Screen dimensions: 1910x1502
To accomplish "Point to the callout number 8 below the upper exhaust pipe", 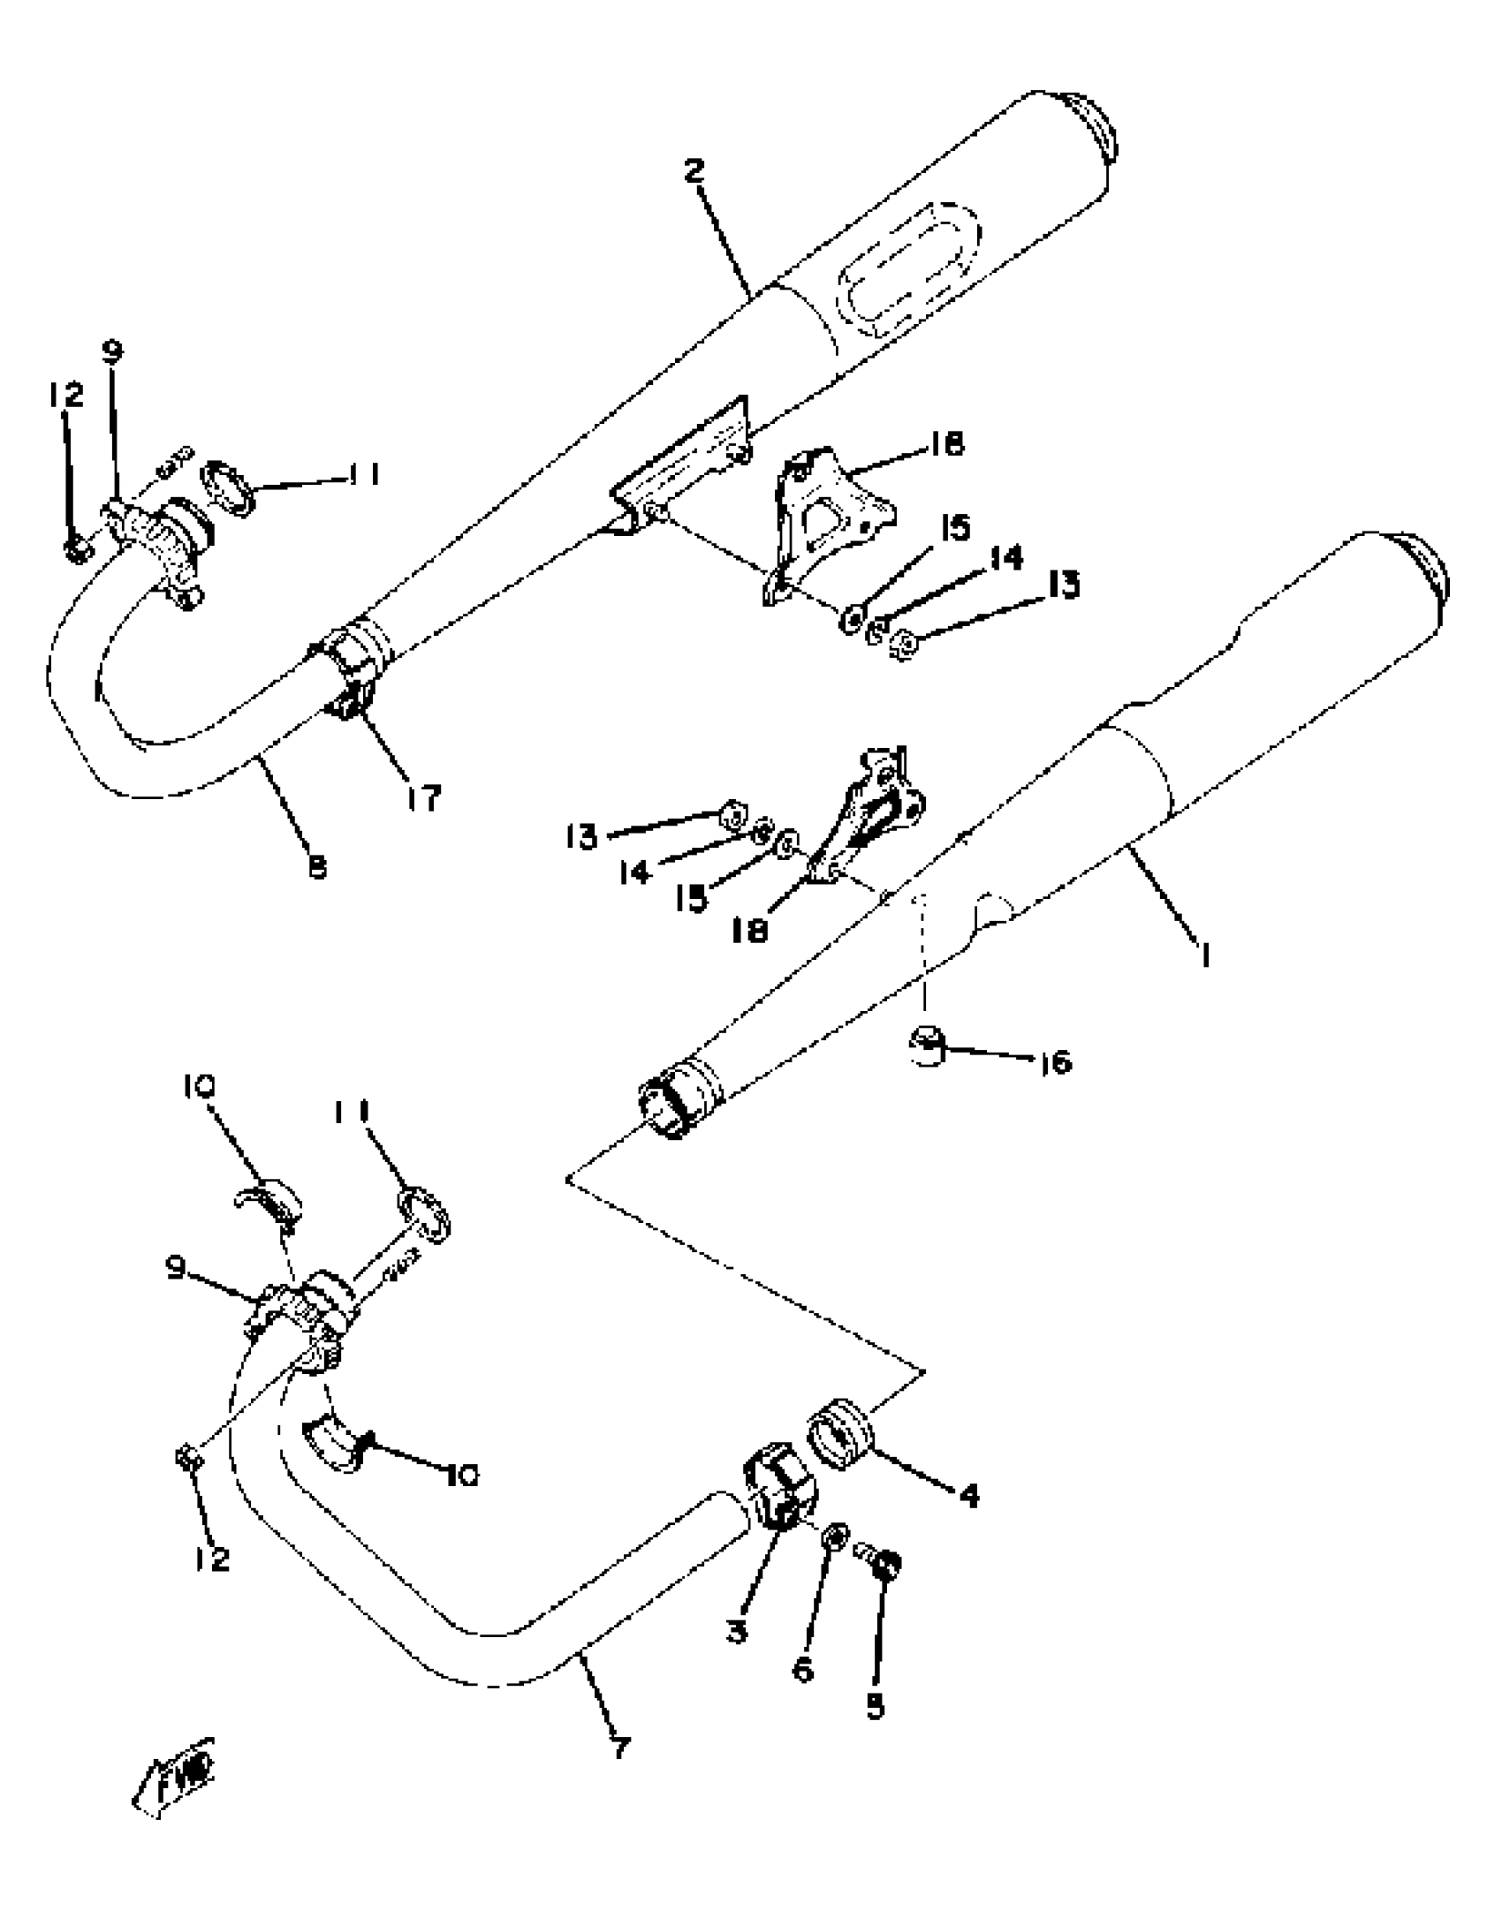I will (x=316, y=868).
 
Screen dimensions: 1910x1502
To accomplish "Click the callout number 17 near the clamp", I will (x=423, y=798).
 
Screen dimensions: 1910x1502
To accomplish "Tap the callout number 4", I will (x=969, y=1496).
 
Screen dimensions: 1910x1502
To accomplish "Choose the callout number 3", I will (x=736, y=1629).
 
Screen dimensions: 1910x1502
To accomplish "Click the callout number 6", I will (x=803, y=1668).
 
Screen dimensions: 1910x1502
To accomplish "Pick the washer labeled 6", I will (x=836, y=1539).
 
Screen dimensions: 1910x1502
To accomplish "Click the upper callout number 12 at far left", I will (x=65, y=395).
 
